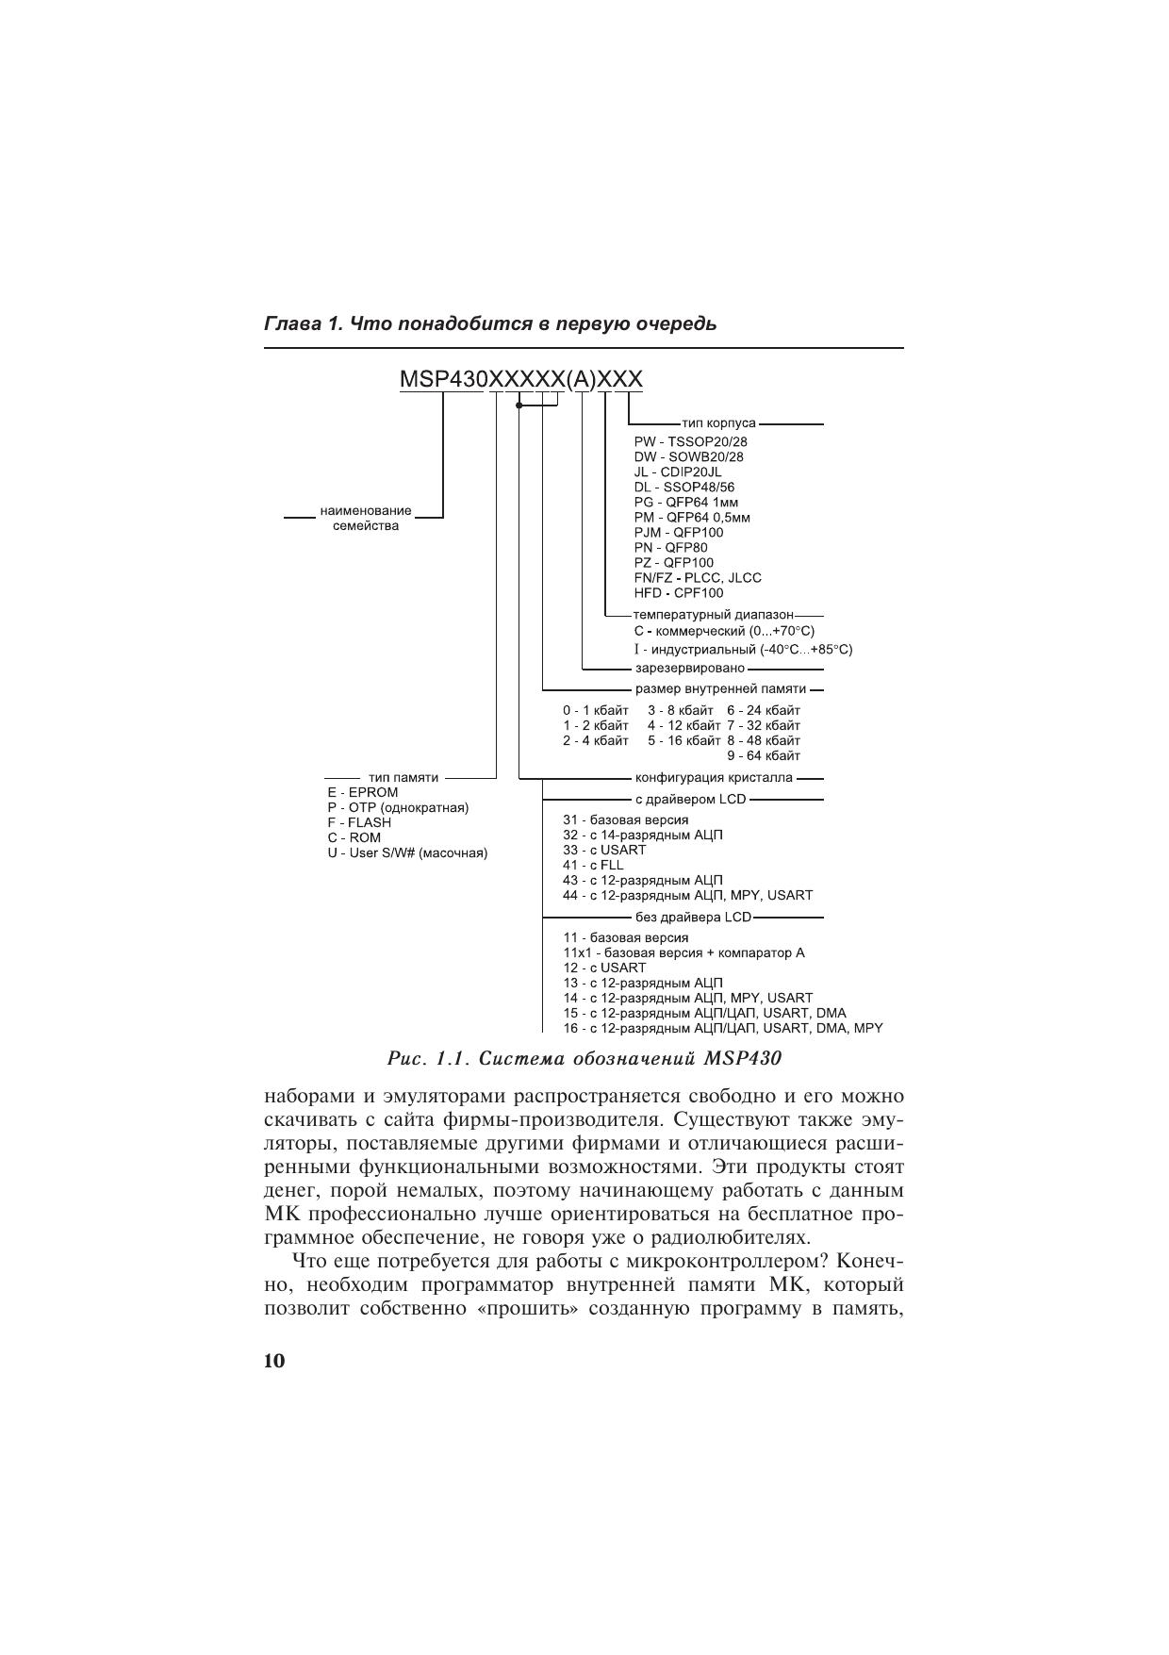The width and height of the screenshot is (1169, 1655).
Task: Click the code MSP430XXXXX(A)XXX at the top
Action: click(x=521, y=379)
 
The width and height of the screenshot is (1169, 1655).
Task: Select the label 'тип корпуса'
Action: click(x=718, y=423)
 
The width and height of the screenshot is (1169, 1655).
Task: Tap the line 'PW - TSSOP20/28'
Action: click(x=691, y=441)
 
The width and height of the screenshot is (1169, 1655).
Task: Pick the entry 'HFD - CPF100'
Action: click(x=679, y=593)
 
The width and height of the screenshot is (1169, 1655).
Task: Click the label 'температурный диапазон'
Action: click(x=714, y=615)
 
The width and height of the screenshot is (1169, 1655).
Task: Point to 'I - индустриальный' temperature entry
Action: click(x=743, y=650)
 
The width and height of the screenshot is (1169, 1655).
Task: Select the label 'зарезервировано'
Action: click(x=689, y=669)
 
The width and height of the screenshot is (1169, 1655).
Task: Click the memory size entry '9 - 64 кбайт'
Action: click(x=764, y=755)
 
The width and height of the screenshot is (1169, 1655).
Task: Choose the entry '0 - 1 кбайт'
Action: click(x=596, y=710)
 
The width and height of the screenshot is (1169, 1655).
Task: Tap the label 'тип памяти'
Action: click(x=403, y=777)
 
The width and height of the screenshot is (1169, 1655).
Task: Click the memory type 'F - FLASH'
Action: click(x=359, y=822)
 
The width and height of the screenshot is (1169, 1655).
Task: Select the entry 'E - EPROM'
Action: click(x=363, y=792)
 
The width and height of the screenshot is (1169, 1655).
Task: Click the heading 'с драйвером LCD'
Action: click(x=690, y=800)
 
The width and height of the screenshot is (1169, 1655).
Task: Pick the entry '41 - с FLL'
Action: click(x=593, y=865)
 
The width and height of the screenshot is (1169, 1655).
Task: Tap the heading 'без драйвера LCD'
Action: click(x=693, y=917)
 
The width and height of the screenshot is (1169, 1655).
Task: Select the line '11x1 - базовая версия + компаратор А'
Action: click(x=683, y=952)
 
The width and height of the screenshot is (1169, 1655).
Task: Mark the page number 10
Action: click(x=273, y=1361)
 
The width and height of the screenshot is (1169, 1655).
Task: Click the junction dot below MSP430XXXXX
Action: click(x=519, y=405)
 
